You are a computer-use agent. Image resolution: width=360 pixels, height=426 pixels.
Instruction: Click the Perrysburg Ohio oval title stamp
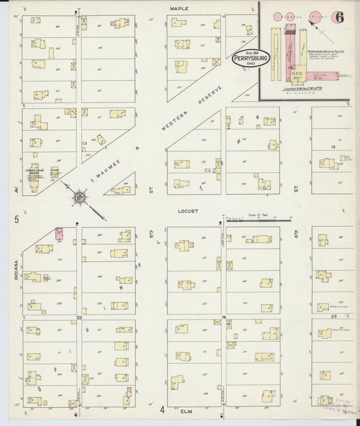click(251, 59)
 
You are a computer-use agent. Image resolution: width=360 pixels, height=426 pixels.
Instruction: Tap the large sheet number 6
click(337, 18)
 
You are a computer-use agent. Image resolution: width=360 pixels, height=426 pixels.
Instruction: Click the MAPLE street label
click(179, 8)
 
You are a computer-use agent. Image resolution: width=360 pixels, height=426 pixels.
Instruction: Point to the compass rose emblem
click(80, 198)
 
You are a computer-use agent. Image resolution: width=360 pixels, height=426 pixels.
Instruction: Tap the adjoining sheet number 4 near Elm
click(162, 409)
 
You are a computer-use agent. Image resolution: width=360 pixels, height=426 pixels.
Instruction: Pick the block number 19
click(224, 316)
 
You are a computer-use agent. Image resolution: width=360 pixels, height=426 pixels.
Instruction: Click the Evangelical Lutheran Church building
click(34, 173)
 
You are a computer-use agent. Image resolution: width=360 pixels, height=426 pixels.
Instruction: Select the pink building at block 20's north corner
click(59, 234)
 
